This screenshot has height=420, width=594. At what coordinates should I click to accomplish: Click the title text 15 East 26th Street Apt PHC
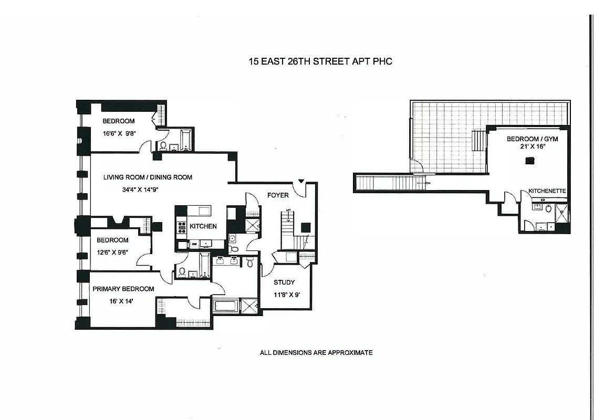320,61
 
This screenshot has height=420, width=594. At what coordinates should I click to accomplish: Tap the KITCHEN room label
203,226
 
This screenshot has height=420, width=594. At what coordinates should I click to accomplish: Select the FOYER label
278,195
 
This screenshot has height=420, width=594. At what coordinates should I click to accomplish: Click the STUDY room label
284,282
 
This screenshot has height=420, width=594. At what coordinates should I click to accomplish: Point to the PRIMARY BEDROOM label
123,289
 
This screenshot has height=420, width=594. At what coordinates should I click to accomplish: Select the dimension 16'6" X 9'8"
120,133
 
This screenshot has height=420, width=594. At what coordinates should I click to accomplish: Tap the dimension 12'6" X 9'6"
112,251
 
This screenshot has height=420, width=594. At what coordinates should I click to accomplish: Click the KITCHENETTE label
547,191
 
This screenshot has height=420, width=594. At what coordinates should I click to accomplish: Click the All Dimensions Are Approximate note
316,353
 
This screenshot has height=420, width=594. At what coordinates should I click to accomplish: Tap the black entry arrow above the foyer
301,182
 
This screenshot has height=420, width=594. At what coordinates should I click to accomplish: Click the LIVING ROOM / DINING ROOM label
148,177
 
